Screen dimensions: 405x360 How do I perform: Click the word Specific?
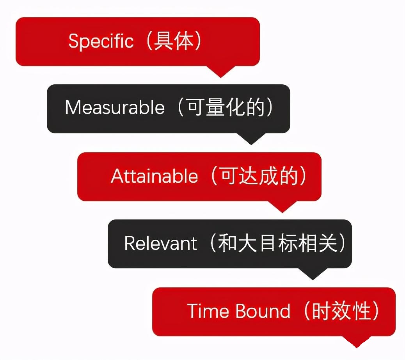click(101, 41)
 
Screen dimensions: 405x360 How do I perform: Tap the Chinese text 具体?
click(174, 41)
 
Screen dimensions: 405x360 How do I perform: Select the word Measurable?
click(115, 107)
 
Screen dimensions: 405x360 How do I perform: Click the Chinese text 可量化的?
click(226, 107)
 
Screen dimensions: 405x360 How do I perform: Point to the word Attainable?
click(155, 176)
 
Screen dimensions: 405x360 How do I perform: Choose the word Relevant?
click(161, 243)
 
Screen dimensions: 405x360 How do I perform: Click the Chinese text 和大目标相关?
click(278, 243)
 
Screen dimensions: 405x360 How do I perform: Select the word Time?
click(208, 311)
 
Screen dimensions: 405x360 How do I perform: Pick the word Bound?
click(263, 311)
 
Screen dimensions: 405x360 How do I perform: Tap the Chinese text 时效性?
click(341, 311)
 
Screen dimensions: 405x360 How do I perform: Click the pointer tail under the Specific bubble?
click(220, 71)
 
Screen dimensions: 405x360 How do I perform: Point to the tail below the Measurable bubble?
click(251, 139)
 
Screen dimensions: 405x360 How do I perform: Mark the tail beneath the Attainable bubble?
click(282, 207)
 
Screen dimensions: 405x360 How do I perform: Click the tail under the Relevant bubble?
click(313, 274)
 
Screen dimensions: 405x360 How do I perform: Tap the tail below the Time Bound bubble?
click(357, 342)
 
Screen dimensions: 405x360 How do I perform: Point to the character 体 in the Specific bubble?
click(184, 41)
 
